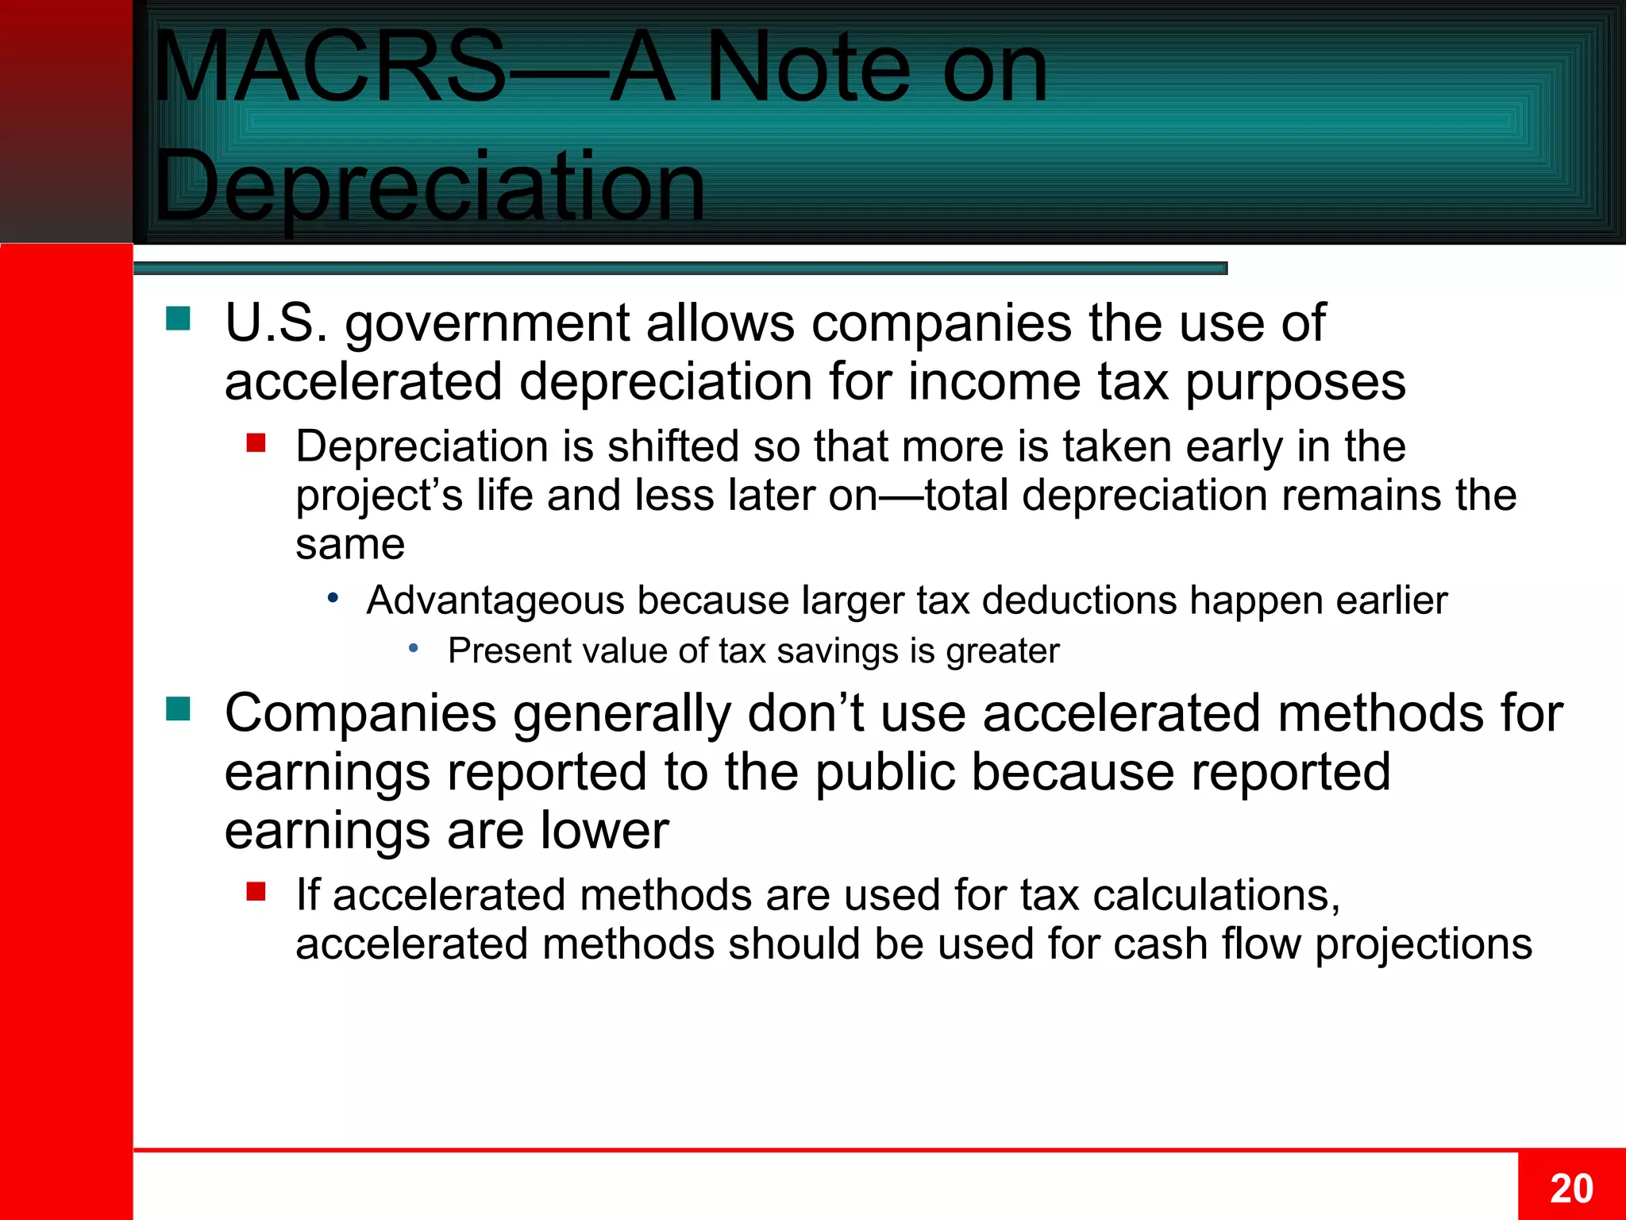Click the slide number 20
pos(1571,1189)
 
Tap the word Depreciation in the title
pos(430,187)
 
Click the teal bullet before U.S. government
pos(178,319)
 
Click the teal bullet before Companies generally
pos(178,708)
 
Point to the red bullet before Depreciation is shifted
pos(256,442)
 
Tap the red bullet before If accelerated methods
pos(256,891)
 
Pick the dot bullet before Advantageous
pos(333,597)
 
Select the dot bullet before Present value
pos(413,649)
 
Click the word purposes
pos(1296,383)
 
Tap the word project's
pos(379,496)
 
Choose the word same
pos(350,545)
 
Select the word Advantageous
pos(495,600)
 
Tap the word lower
pos(604,831)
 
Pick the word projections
pos(1424,945)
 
